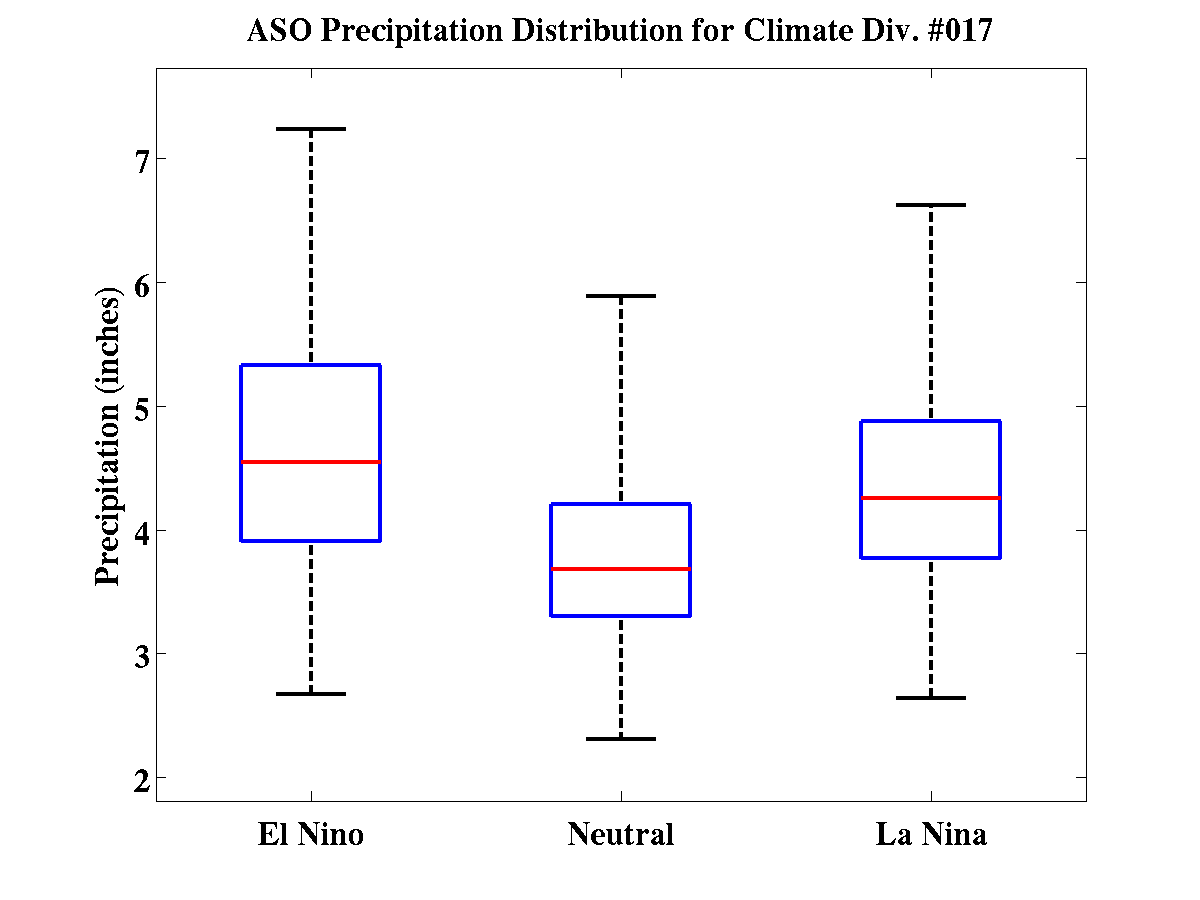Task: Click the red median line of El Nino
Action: pyautogui.click(x=311, y=462)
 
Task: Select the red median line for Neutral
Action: pyautogui.click(x=621, y=569)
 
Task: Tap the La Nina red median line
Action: pyautogui.click(x=931, y=497)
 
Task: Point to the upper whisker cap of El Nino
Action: pyautogui.click(x=311, y=129)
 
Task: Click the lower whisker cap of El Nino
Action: pyautogui.click(x=311, y=693)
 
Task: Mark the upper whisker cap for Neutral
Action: pyautogui.click(x=621, y=296)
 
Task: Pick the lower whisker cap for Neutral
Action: pyautogui.click(x=621, y=738)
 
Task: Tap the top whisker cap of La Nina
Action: pyautogui.click(x=931, y=205)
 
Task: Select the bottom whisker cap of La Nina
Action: pyautogui.click(x=931, y=697)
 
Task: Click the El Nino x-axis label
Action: pyautogui.click(x=311, y=834)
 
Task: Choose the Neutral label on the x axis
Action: pyautogui.click(x=621, y=834)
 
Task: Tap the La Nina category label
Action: pyautogui.click(x=931, y=834)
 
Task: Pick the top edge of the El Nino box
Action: pyautogui.click(x=311, y=365)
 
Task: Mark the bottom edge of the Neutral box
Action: pyautogui.click(x=621, y=615)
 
